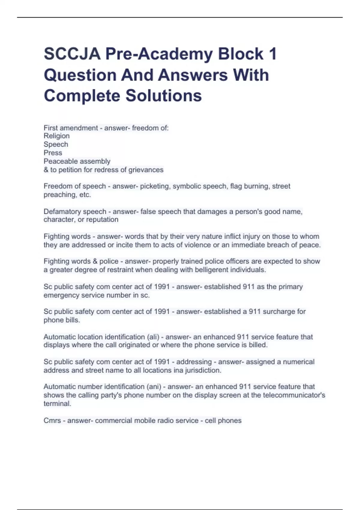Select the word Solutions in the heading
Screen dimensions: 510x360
163,96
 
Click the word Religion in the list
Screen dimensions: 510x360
57,136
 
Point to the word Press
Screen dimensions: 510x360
53,153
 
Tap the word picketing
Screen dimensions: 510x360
154,186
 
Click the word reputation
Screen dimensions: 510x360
102,220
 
